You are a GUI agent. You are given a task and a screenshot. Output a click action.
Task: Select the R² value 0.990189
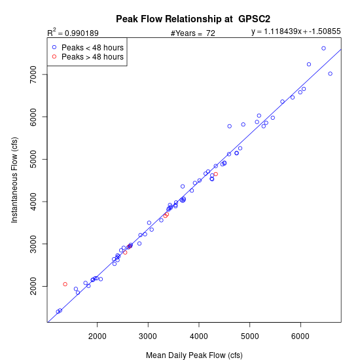click(x=82, y=33)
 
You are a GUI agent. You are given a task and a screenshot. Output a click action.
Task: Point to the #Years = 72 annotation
click(x=193, y=33)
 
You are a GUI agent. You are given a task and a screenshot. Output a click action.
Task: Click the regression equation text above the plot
click(x=296, y=31)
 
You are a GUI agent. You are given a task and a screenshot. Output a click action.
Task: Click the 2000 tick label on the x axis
click(x=97, y=336)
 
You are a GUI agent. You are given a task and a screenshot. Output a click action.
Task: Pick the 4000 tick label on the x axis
click(x=199, y=336)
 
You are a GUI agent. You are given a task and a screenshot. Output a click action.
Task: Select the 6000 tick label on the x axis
click(x=300, y=336)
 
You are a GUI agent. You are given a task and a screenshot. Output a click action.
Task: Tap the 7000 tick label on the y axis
click(x=33, y=75)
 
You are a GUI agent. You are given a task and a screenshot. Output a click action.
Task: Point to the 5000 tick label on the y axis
click(x=33, y=159)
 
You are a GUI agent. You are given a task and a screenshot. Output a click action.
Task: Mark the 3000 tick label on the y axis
click(x=33, y=244)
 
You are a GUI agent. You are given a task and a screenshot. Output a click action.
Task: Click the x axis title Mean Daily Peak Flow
click(x=194, y=355)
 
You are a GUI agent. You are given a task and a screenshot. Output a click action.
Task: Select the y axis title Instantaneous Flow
click(x=14, y=180)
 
